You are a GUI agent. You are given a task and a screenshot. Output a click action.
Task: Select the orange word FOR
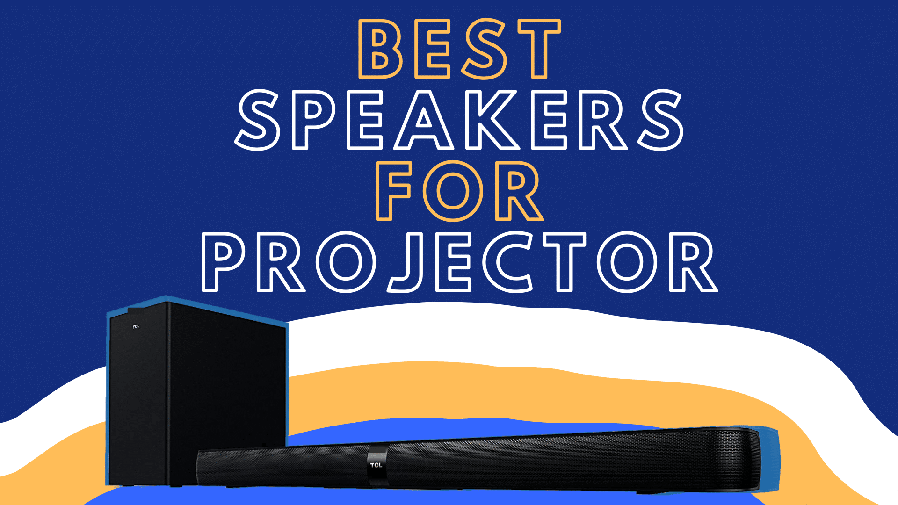[459, 191]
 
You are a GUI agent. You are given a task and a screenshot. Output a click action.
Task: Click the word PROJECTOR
[459, 262]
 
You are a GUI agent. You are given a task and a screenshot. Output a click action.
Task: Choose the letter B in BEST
[379, 49]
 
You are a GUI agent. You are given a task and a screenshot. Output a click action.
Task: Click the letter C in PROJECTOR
[507, 262]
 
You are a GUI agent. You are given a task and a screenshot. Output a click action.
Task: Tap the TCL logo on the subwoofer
[136, 326]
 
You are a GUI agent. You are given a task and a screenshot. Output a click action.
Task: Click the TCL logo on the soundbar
[376, 465]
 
